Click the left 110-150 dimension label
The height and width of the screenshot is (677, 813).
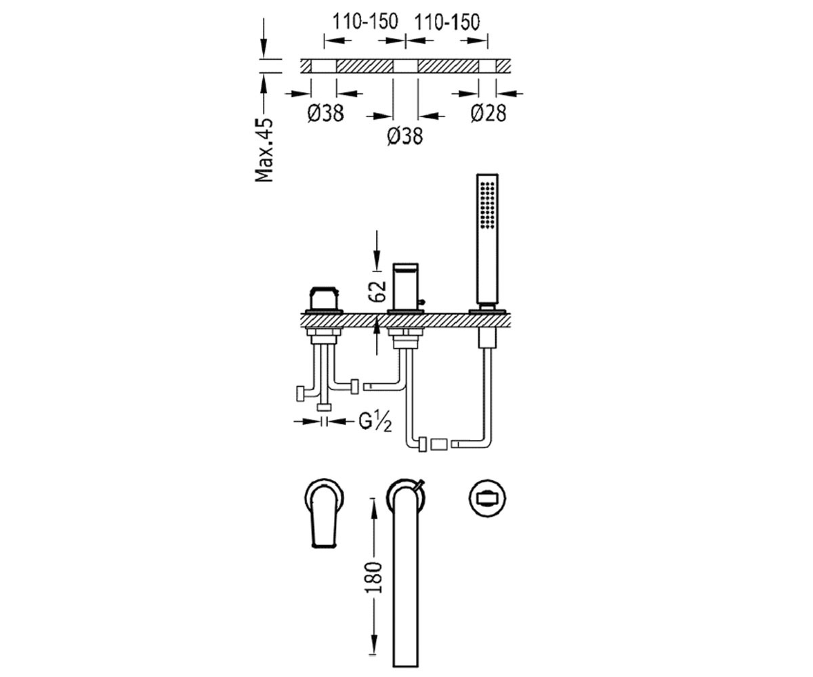point(365,22)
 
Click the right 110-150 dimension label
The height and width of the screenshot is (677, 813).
point(447,22)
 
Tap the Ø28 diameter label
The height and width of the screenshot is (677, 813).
point(488,113)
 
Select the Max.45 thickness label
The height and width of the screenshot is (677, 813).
point(264,150)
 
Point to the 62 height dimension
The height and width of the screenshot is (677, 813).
point(377,291)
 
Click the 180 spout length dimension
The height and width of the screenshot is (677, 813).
point(373,577)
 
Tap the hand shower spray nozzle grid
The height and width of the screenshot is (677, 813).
point(488,205)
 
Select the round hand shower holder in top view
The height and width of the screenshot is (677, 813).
point(488,498)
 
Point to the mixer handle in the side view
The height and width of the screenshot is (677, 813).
point(323,299)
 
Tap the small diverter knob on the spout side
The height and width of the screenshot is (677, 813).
point(422,301)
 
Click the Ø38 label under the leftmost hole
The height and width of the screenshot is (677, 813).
point(325,113)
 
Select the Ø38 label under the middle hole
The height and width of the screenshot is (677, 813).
point(405,136)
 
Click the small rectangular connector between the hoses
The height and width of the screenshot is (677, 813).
point(439,444)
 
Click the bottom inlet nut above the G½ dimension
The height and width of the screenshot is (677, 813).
point(324,408)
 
